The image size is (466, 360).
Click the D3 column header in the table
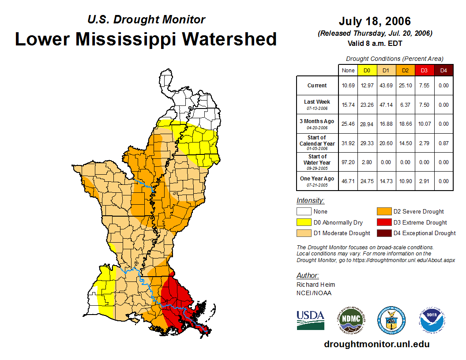coord(424,70)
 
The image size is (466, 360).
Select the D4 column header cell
coord(443,70)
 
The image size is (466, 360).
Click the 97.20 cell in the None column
coord(348,162)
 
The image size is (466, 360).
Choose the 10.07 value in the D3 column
coord(424,124)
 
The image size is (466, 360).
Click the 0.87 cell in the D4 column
coord(443,143)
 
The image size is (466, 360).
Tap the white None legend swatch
coord(304,212)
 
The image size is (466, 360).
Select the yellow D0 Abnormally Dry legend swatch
coord(304,222)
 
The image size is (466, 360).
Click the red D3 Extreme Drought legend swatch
coord(384,222)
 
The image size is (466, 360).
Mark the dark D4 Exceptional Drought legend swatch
coord(384,233)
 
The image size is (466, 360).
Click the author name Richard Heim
coord(316,285)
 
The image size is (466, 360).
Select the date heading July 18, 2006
coord(375,21)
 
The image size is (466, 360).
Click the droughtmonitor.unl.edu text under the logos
coord(376,344)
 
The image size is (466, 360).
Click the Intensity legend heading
coord(310,201)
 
